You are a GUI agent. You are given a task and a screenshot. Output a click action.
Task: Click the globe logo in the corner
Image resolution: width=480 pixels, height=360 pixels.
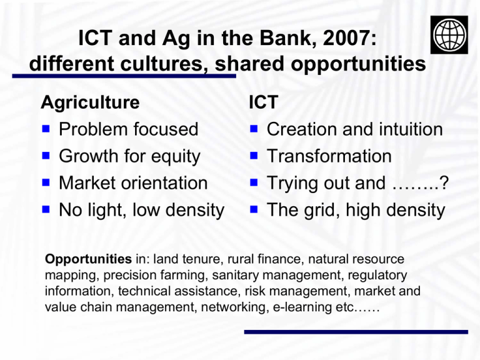tap(449, 35)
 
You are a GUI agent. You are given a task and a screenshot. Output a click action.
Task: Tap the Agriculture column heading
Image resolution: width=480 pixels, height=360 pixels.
tap(90, 102)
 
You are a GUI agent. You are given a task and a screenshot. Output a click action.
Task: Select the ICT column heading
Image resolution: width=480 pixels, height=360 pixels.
tap(263, 102)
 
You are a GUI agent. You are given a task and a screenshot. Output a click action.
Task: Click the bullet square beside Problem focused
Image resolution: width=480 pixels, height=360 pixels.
tap(46, 129)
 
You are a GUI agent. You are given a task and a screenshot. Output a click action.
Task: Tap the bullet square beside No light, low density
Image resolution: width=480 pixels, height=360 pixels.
tap(46, 209)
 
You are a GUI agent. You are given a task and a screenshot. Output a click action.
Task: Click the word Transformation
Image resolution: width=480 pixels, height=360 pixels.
tap(329, 156)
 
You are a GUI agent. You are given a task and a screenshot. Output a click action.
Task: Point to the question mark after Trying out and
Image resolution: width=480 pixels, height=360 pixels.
tap(444, 182)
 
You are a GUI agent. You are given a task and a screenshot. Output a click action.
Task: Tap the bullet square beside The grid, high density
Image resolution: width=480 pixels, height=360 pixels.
tap(254, 209)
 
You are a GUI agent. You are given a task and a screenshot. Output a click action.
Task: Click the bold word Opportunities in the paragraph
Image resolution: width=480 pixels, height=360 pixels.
tap(89, 259)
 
